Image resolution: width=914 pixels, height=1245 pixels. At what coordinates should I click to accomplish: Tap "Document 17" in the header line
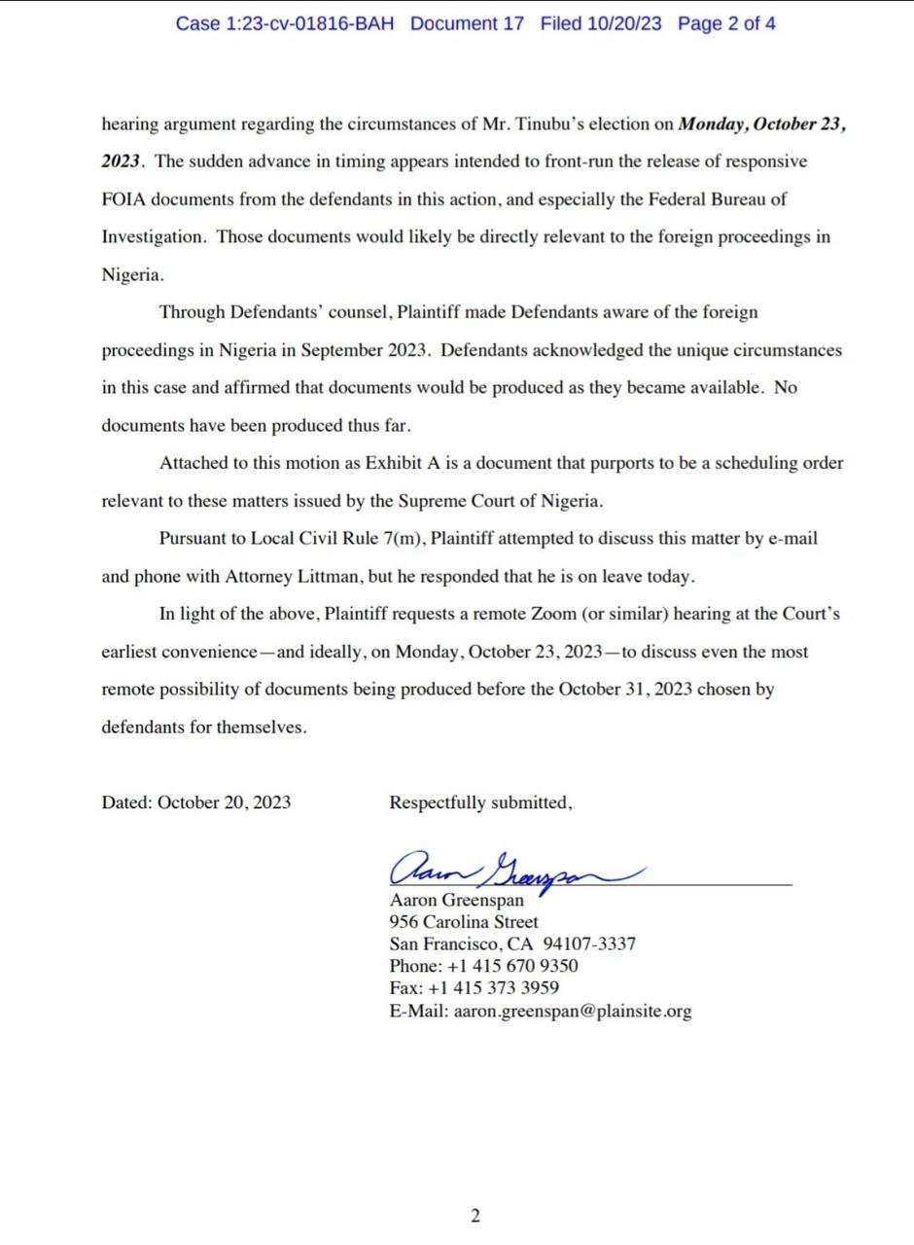point(467,23)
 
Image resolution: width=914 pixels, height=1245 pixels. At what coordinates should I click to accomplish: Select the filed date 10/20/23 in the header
point(624,23)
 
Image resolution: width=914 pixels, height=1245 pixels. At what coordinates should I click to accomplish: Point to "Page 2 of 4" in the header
point(726,23)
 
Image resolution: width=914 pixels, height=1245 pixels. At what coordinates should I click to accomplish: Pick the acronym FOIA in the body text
point(123,199)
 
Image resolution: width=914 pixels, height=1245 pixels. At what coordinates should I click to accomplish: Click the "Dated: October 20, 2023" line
point(196,803)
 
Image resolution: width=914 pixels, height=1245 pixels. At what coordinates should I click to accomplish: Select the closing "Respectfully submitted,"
point(480,803)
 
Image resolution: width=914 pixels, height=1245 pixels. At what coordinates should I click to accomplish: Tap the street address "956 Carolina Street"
point(464,922)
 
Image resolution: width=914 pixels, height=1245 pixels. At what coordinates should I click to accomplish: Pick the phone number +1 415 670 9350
point(512,966)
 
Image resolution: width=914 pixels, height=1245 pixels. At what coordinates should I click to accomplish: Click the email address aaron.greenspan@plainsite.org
point(573,1012)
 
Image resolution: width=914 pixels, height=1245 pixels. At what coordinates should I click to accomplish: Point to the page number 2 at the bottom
point(475,1216)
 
